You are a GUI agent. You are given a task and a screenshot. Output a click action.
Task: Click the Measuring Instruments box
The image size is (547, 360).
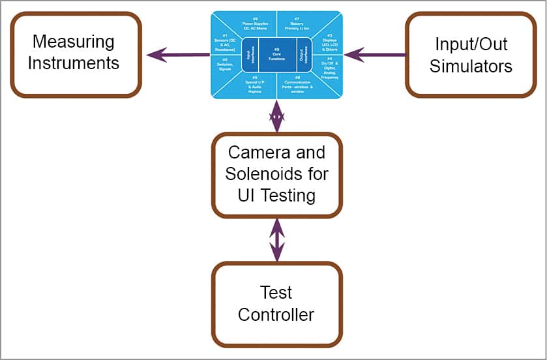pyautogui.click(x=76, y=55)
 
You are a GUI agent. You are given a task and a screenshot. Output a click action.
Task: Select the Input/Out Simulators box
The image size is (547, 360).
pyautogui.click(x=471, y=55)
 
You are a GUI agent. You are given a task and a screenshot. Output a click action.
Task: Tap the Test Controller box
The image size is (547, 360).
pyautogui.click(x=276, y=304)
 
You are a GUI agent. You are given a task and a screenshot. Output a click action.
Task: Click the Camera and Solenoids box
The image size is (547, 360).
pyautogui.click(x=276, y=175)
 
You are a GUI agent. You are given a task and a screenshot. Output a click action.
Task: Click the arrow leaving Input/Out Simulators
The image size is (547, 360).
pyautogui.click(x=374, y=55)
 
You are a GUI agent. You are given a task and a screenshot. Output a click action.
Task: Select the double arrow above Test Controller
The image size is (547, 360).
pyautogui.click(x=277, y=240)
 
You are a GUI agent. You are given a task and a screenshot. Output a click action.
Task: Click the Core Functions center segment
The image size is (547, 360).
pyautogui.click(x=277, y=55)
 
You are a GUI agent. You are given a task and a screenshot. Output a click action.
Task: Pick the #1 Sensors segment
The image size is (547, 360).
pyautogui.click(x=226, y=42)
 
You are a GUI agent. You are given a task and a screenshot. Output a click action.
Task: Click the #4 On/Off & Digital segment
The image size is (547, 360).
pyautogui.click(x=329, y=67)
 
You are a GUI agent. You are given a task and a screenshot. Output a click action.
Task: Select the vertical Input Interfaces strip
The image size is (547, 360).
pyautogui.click(x=250, y=55)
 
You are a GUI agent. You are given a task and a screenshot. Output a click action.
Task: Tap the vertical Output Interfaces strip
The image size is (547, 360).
pyautogui.click(x=304, y=55)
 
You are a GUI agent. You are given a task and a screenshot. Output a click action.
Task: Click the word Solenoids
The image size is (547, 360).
pyautogui.click(x=276, y=175)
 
